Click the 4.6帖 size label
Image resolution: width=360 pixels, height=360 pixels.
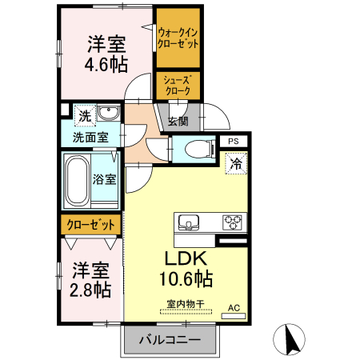[107, 65]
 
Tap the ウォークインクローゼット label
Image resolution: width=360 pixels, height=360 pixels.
[178, 38]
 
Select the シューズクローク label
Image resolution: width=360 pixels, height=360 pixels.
[177, 86]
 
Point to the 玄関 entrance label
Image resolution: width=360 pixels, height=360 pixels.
[178, 122]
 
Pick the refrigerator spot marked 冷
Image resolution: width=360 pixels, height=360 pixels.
[237, 164]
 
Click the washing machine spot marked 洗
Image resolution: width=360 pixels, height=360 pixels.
[83, 117]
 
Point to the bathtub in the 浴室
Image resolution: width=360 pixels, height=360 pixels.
[78, 182]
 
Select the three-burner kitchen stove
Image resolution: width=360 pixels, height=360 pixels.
[232, 222]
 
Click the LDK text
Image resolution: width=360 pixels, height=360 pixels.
[186, 258]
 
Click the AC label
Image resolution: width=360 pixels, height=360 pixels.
[234, 307]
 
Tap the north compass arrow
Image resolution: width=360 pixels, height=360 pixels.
[291, 339]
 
